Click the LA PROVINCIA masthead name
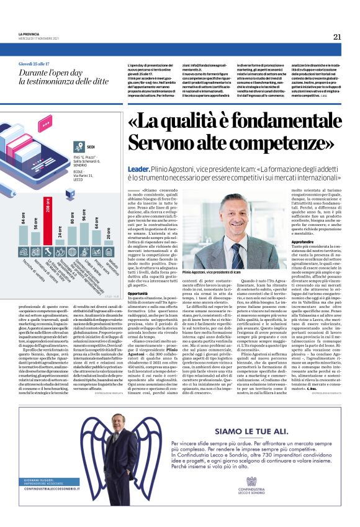pos(30,34)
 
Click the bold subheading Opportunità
pos(137,293)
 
